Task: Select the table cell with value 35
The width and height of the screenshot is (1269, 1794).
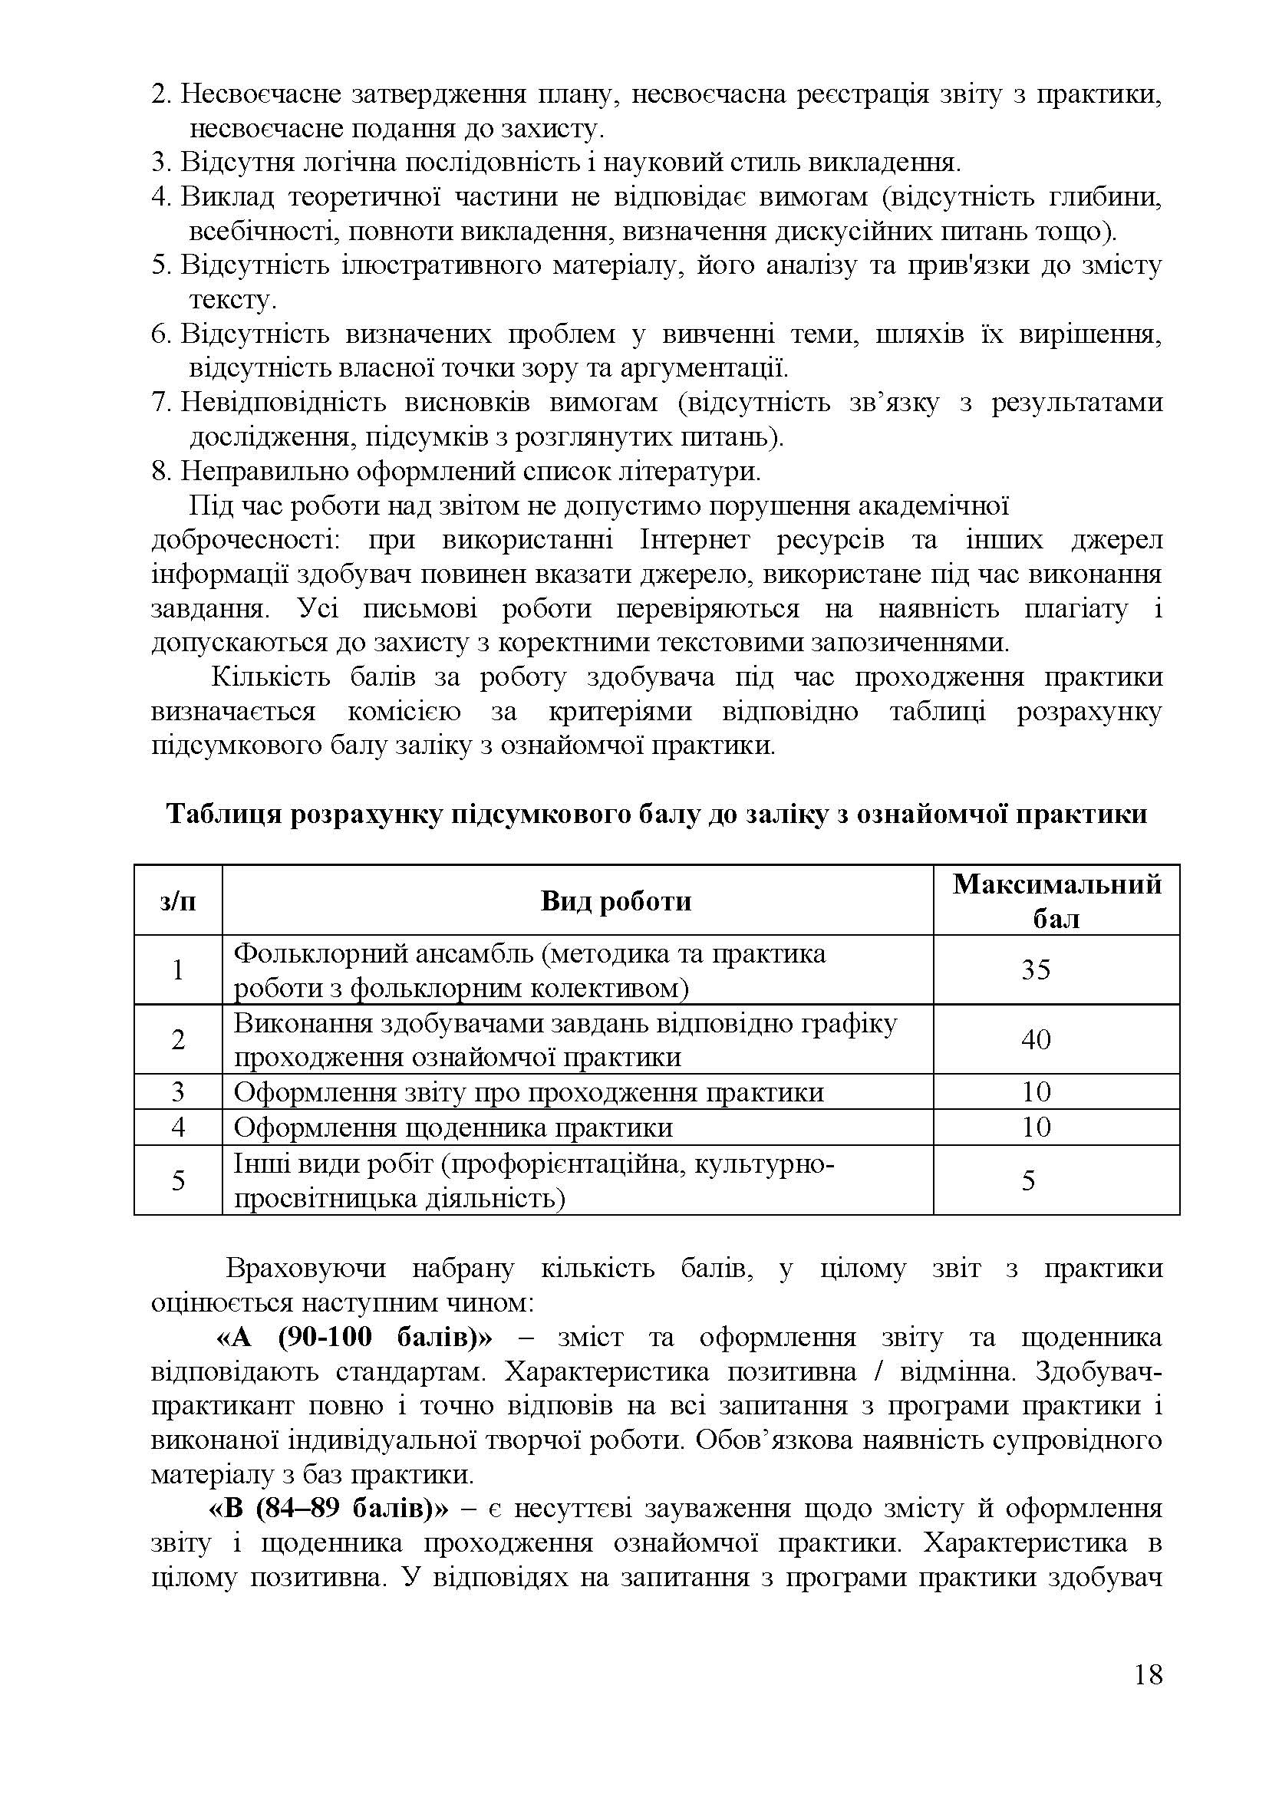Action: (1036, 969)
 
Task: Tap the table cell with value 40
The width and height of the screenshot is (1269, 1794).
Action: (1036, 1039)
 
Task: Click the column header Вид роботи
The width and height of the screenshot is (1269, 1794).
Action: (616, 901)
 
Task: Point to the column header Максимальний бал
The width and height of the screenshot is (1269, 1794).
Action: (1056, 901)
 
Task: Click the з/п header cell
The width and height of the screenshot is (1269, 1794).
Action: (178, 901)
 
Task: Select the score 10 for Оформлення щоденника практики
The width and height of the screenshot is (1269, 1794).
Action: (1036, 1127)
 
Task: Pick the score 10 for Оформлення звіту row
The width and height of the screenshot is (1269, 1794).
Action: (1036, 1091)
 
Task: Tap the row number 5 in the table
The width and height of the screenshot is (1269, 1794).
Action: (178, 1179)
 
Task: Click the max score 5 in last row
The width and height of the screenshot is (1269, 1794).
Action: (1028, 1179)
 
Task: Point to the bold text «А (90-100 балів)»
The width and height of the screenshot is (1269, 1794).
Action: (354, 1338)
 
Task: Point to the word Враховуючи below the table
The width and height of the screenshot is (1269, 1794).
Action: (305, 1268)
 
